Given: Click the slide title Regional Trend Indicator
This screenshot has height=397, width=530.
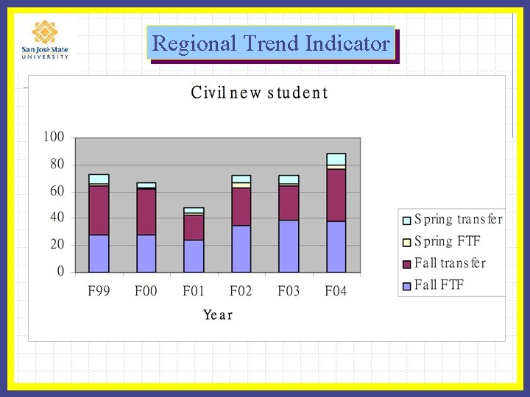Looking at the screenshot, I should (271, 44).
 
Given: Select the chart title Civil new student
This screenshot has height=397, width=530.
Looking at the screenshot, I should (259, 93).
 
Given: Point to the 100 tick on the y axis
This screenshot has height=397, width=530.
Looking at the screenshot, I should (54, 137).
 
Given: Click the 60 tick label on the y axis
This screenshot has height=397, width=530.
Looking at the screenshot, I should (57, 191).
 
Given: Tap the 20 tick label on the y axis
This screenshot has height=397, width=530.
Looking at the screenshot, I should (57, 245).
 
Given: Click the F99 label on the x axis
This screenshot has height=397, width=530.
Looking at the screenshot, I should (99, 291).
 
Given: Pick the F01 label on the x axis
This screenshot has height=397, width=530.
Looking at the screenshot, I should (194, 291).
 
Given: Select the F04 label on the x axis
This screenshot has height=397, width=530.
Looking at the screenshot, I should (336, 291).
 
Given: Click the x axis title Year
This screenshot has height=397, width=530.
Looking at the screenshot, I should (218, 315).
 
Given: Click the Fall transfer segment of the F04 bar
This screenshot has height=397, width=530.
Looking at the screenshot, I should (336, 195).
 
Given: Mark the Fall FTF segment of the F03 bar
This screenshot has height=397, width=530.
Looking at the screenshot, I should (289, 246).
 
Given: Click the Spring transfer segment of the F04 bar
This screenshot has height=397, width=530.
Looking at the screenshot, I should (336, 159).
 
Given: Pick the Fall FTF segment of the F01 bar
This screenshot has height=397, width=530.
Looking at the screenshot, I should (194, 255).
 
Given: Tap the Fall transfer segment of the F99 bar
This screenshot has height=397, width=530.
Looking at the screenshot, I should (99, 210).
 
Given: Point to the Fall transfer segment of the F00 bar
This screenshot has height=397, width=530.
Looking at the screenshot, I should (146, 212).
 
